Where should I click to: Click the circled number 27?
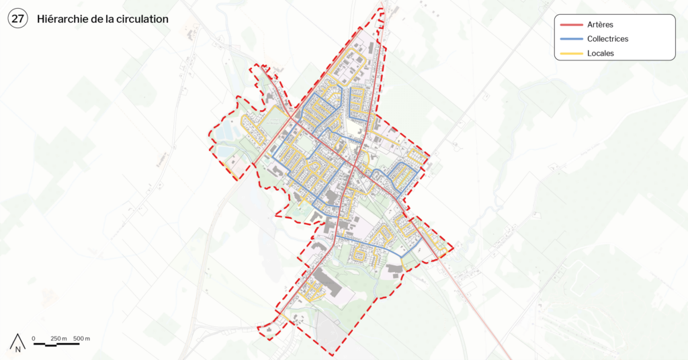click(17, 19)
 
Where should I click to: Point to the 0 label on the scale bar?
click(34, 337)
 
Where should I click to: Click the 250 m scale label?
click(59, 337)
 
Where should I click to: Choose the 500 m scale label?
click(82, 337)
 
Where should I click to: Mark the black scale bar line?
click(56, 344)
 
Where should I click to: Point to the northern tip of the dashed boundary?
click(382, 9)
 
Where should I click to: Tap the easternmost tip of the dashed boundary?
click(453, 249)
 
